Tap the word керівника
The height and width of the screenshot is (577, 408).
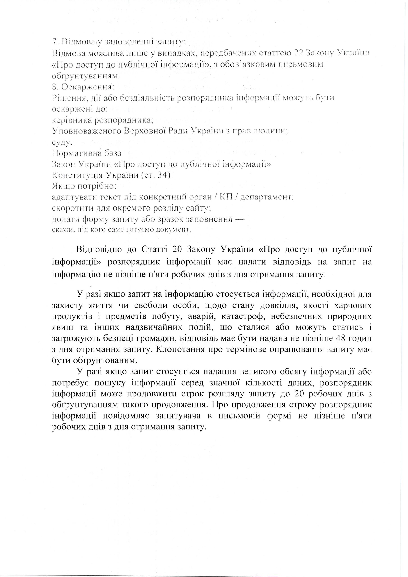pos(72,120)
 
